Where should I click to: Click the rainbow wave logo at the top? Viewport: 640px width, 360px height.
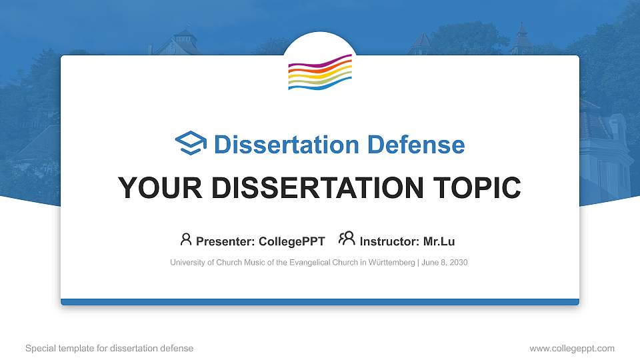pos(320,73)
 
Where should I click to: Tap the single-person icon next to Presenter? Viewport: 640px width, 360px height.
pos(186,239)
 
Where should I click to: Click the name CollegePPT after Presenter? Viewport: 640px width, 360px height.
pos(293,241)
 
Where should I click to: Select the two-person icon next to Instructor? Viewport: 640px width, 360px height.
pos(347,239)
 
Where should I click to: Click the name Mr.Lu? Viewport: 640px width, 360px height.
pos(439,241)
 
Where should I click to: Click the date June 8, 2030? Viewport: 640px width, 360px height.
pos(445,263)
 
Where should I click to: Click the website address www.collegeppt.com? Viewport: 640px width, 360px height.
pos(571,348)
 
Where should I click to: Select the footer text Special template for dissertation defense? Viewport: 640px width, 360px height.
pos(109,348)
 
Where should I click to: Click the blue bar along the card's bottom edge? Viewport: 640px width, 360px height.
pos(320,302)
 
